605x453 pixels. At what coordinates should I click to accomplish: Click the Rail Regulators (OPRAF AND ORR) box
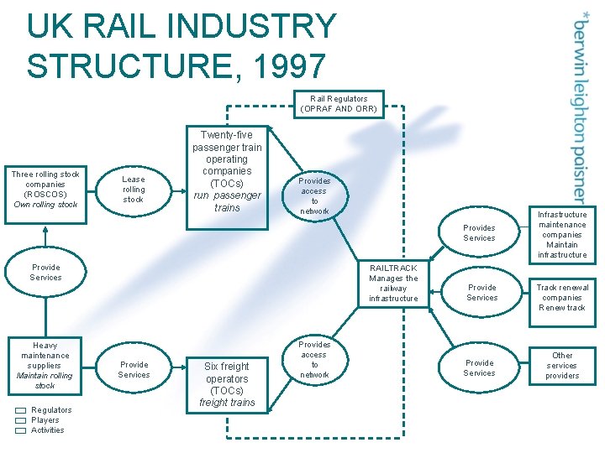[x=343, y=103]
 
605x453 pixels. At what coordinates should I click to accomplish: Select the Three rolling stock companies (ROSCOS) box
[x=45, y=190]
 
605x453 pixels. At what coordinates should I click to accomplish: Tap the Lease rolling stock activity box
[x=133, y=190]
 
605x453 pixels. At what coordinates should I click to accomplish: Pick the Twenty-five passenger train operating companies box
[x=227, y=171]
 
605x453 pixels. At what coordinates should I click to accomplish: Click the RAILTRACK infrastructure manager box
[x=392, y=283]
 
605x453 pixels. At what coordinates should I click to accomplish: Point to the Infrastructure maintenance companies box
[x=562, y=234]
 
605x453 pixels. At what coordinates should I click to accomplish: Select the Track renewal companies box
[x=562, y=297]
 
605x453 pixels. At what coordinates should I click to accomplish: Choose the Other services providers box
[x=562, y=366]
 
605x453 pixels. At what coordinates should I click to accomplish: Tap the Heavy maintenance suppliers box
[x=45, y=365]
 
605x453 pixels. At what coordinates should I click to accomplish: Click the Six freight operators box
[x=227, y=384]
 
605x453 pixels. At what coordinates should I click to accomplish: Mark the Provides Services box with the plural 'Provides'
[x=479, y=233]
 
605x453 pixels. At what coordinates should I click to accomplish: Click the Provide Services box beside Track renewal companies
[x=481, y=293]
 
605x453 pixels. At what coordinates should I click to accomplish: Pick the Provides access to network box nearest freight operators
[x=314, y=360]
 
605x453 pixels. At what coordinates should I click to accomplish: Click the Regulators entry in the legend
[x=50, y=410]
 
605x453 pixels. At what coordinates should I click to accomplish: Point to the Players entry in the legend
[x=45, y=420]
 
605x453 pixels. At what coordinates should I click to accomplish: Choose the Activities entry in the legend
[x=47, y=430]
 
